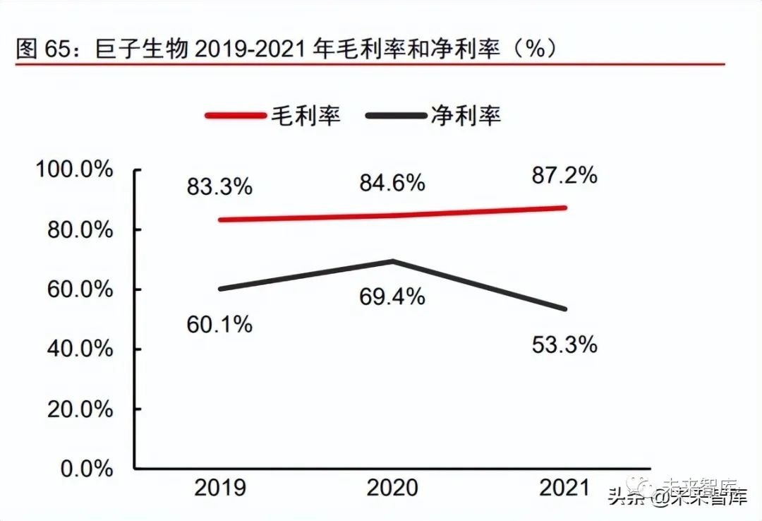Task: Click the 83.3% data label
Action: pyautogui.click(x=219, y=187)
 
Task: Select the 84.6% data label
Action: pyautogui.click(x=392, y=183)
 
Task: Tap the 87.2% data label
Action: pyautogui.click(x=564, y=175)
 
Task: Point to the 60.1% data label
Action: pyautogui.click(x=219, y=324)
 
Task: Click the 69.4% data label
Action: pyautogui.click(x=392, y=297)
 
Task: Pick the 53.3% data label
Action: pyautogui.click(x=564, y=345)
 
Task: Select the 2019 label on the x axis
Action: pyautogui.click(x=219, y=488)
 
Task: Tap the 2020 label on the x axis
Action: pyautogui.click(x=392, y=488)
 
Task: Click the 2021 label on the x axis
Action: pyautogui.click(x=564, y=488)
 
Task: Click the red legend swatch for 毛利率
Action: pyautogui.click(x=235, y=116)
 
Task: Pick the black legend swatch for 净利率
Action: pyautogui.click(x=395, y=116)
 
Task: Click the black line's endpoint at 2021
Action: pyautogui.click(x=565, y=309)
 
